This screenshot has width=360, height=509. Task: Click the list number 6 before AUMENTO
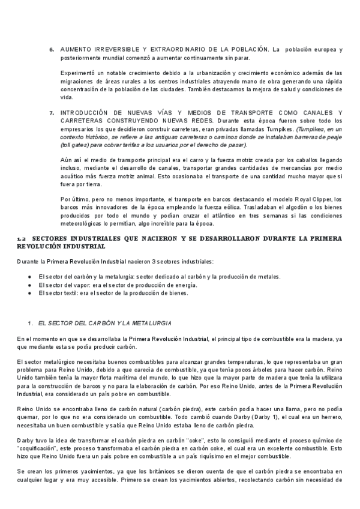point(52,49)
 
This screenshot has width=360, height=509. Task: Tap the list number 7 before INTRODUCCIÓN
point(52,113)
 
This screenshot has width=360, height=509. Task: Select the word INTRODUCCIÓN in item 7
point(84,113)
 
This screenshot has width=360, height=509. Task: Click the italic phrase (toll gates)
point(75,145)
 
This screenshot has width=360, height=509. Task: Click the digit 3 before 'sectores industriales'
point(152,262)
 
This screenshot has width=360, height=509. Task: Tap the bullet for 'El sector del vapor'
point(29,285)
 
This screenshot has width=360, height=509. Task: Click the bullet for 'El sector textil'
point(29,293)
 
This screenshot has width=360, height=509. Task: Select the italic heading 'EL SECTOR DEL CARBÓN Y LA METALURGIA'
point(104,324)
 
